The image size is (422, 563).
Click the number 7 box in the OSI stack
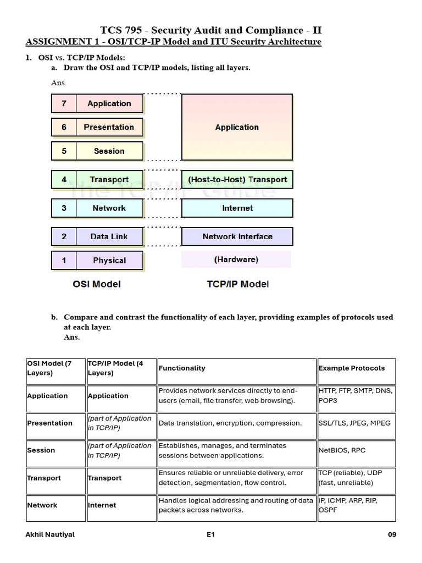(64, 103)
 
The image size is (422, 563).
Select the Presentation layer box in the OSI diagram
(109, 127)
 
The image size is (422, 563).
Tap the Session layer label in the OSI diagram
(109, 151)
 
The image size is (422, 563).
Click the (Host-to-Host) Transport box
(237, 179)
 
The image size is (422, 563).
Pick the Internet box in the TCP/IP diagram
(237, 208)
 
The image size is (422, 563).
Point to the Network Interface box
(237, 236)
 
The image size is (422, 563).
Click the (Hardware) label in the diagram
(236, 260)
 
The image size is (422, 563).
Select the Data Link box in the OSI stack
(109, 236)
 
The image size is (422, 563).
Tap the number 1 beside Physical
(64, 261)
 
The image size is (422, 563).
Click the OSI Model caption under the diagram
(97, 284)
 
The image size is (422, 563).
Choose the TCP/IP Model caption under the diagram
(237, 284)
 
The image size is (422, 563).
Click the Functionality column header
(182, 368)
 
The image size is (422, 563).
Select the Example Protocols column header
(352, 368)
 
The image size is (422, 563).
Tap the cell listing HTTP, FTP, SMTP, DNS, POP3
(356, 395)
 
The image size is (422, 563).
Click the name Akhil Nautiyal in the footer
(51, 534)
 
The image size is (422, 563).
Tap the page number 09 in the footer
(391, 534)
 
